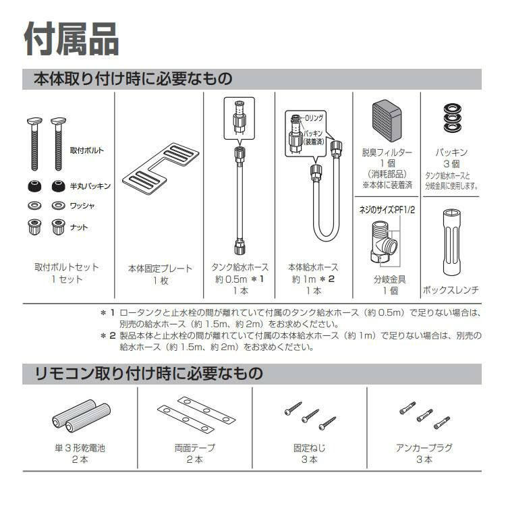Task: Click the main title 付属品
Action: (72, 38)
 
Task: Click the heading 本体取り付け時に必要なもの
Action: (134, 79)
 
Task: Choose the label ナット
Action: (79, 227)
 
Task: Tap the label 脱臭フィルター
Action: (387, 152)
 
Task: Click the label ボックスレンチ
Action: (451, 289)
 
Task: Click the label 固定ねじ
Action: (310, 447)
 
